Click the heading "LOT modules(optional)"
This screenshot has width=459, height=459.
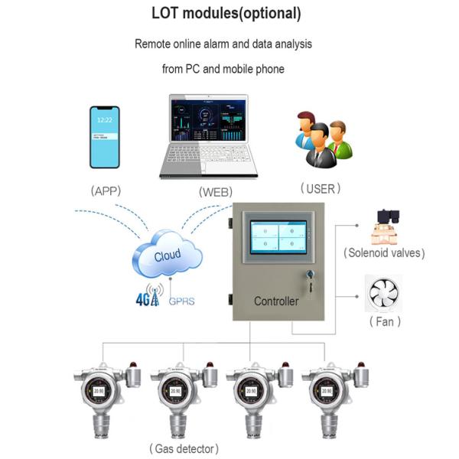point(226,14)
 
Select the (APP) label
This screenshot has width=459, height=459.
point(106,190)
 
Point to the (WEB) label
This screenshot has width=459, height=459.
point(215,191)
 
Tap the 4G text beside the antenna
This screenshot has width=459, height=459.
point(143,299)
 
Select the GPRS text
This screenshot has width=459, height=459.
point(181,301)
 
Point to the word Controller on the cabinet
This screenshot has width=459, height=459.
point(276,301)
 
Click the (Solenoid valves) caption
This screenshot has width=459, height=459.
point(383,252)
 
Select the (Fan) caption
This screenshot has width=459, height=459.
point(385,322)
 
